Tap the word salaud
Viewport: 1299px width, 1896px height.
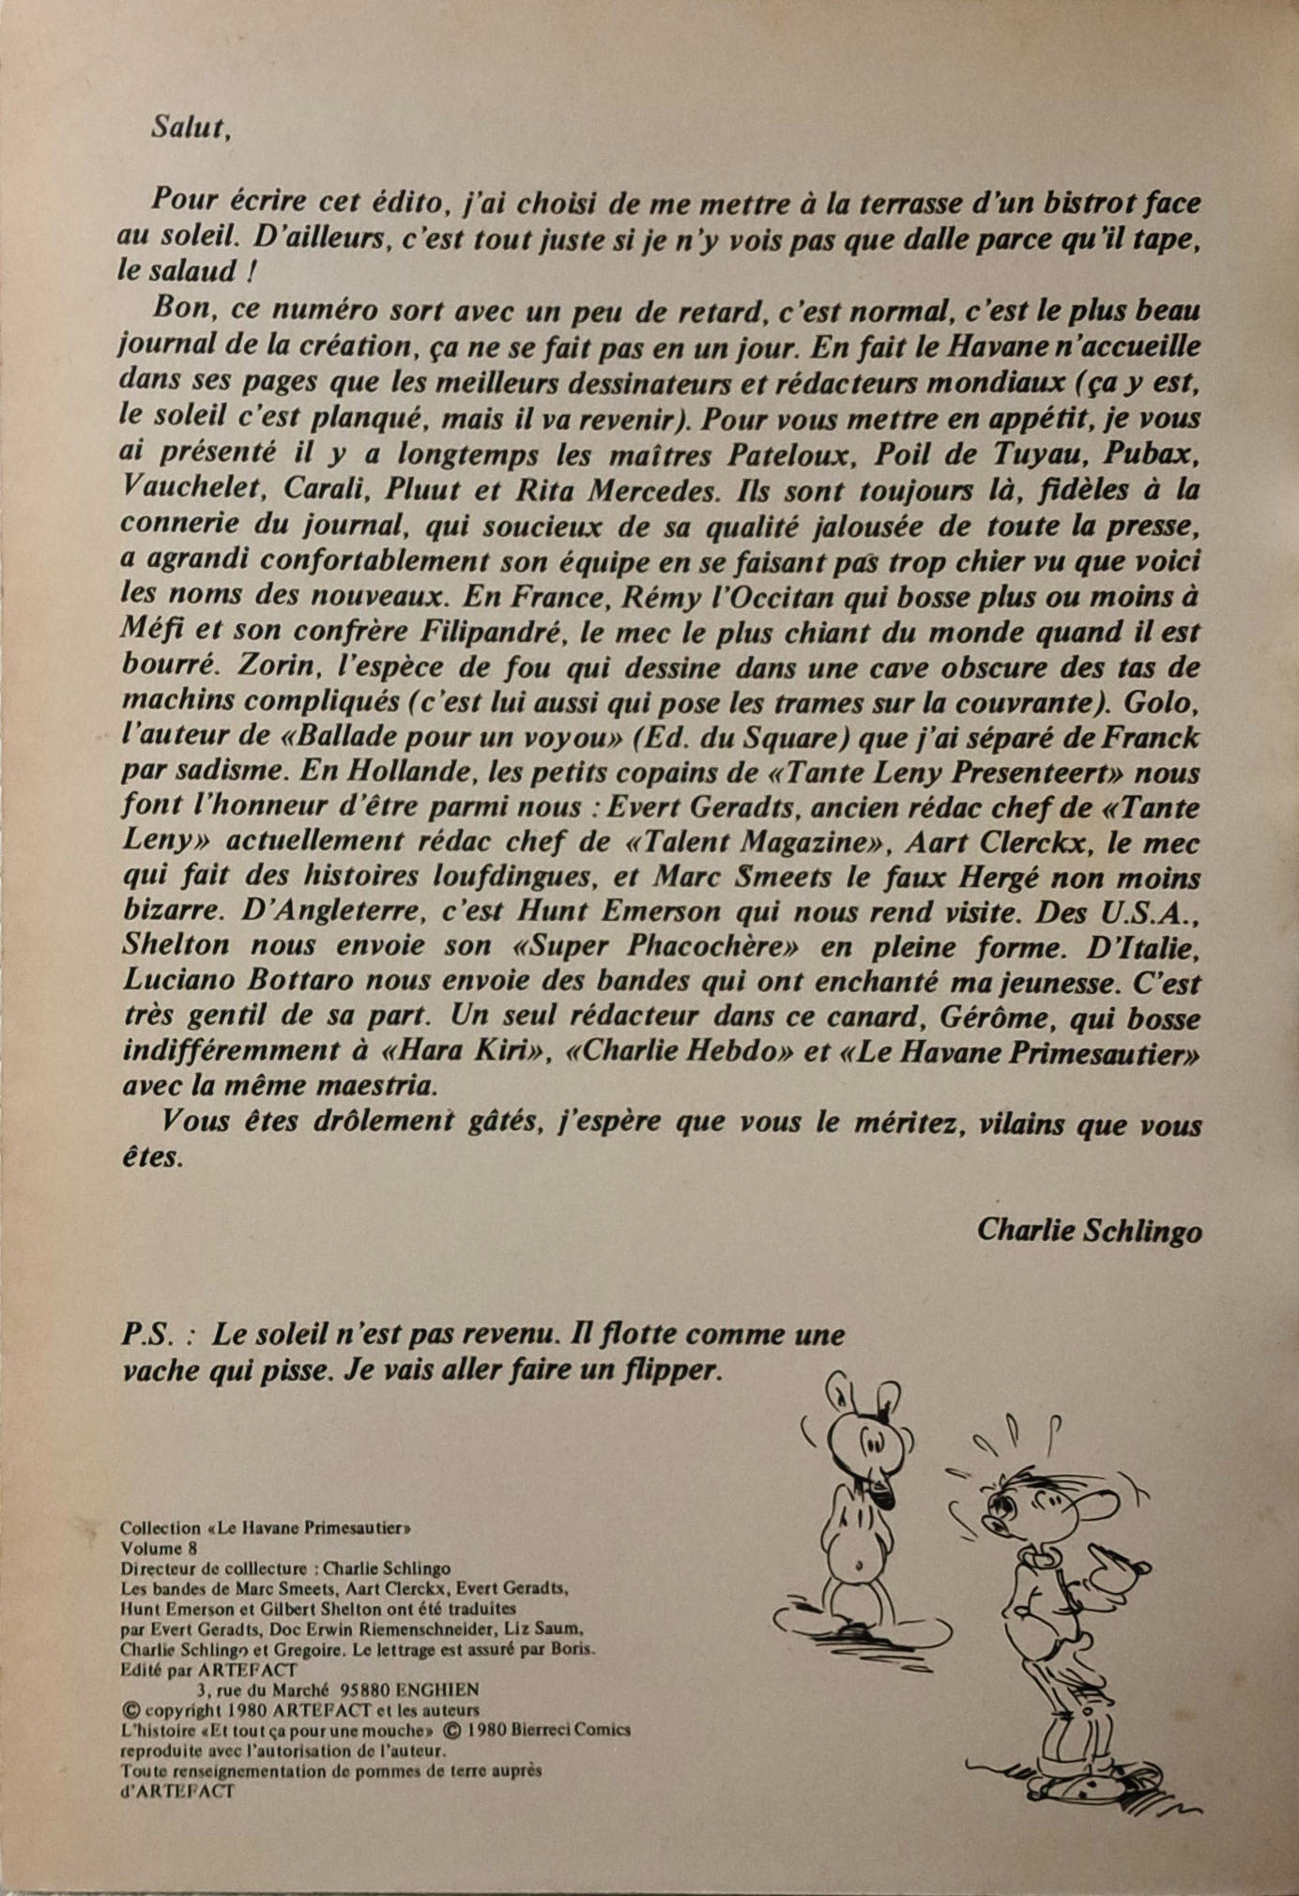[x=202, y=272]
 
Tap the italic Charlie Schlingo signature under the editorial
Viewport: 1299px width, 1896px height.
[x=1089, y=1230]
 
